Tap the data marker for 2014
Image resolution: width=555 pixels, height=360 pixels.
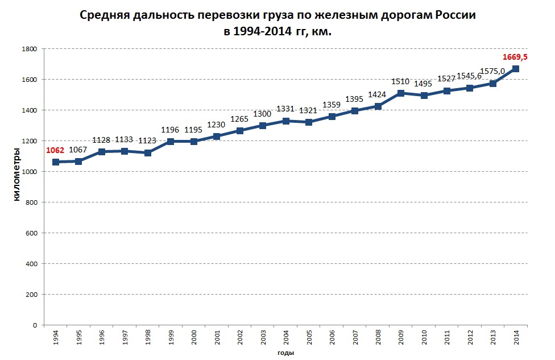[516, 69]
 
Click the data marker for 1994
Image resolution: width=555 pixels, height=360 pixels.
[55, 162]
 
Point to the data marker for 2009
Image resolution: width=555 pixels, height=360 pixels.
[401, 93]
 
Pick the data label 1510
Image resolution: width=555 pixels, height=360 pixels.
[401, 81]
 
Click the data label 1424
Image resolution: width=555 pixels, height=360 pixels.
[378, 94]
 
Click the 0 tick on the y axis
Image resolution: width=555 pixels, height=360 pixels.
[35, 325]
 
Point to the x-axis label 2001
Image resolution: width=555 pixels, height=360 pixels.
[217, 338]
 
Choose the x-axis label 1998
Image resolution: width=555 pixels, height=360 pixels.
[148, 338]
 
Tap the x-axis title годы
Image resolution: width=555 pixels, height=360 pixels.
[285, 353]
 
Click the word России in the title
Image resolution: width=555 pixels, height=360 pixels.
[455, 16]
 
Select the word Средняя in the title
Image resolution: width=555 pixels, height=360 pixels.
[102, 16]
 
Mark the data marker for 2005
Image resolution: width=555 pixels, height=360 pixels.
[309, 122]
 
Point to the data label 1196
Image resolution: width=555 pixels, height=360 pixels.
[171, 129]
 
